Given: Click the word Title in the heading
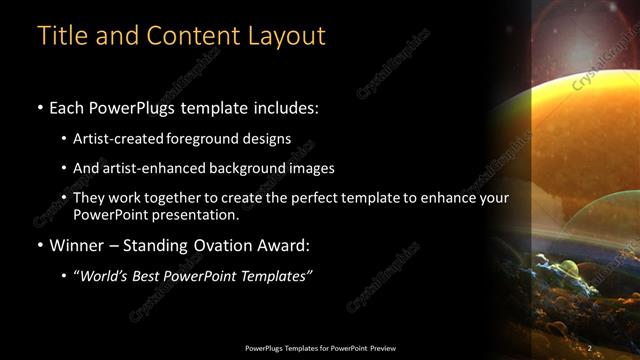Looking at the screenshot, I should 60,36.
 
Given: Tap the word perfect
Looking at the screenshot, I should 345,198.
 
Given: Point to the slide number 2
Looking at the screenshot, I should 590,347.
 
